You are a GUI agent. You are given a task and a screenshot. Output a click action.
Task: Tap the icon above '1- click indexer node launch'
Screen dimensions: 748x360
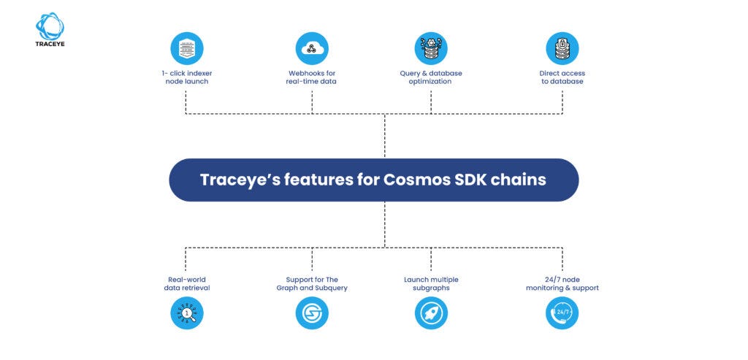(186, 49)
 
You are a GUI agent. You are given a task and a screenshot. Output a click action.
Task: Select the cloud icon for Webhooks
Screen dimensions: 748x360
(312, 49)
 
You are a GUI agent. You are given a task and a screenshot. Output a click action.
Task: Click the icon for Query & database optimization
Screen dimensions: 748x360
(430, 49)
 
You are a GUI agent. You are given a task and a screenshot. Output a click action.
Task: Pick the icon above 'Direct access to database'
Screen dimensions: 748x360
(562, 49)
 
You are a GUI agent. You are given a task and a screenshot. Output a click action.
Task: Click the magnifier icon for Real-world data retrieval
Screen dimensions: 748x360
(186, 313)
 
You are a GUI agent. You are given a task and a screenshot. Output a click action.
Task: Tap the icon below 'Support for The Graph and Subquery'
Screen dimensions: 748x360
(312, 313)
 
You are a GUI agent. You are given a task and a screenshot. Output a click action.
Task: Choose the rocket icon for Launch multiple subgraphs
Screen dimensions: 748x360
(430, 313)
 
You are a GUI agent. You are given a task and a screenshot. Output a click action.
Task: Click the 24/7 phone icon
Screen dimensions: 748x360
(562, 313)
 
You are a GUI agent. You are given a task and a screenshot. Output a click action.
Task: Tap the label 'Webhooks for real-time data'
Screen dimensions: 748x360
(312, 77)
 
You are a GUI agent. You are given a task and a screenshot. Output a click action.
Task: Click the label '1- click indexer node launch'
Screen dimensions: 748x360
(186, 77)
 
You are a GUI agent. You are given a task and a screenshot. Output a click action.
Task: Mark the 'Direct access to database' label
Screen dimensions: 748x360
(562, 77)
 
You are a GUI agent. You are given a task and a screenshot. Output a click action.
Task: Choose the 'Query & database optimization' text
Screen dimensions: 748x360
(430, 77)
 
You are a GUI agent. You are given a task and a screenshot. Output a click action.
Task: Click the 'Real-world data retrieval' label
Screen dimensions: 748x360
(186, 283)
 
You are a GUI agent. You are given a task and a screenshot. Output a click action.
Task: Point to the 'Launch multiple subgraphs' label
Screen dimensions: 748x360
(430, 283)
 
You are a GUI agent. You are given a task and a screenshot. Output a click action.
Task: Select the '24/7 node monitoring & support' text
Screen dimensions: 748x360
(562, 283)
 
